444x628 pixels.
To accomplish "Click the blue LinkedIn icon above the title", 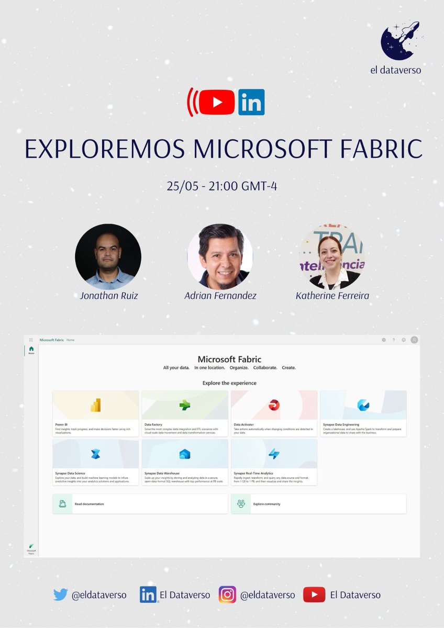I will coord(251,102).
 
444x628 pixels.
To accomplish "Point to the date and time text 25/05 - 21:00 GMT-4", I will coord(222,186).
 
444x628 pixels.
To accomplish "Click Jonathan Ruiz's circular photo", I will coord(107,257).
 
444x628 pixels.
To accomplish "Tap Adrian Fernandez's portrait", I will coord(220,257).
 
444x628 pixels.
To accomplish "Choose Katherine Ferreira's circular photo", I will coord(331,257).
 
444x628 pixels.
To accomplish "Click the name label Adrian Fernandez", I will coord(220,296).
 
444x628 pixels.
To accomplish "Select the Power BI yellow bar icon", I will coord(95,405).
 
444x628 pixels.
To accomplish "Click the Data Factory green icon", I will coord(184,405).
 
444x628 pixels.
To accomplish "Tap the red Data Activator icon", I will coord(274,405).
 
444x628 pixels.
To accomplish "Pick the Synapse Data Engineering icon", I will coord(363,405).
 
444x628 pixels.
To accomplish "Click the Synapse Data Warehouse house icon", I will coord(184,454).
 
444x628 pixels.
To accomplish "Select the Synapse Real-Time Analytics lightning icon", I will coord(274,454).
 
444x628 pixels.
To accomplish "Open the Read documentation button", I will coord(140,503).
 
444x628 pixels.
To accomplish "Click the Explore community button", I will coord(318,503).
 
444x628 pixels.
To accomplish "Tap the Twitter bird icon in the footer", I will coord(61,595).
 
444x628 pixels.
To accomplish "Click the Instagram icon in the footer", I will coord(227,595).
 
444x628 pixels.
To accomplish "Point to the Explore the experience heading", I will coord(229,383).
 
